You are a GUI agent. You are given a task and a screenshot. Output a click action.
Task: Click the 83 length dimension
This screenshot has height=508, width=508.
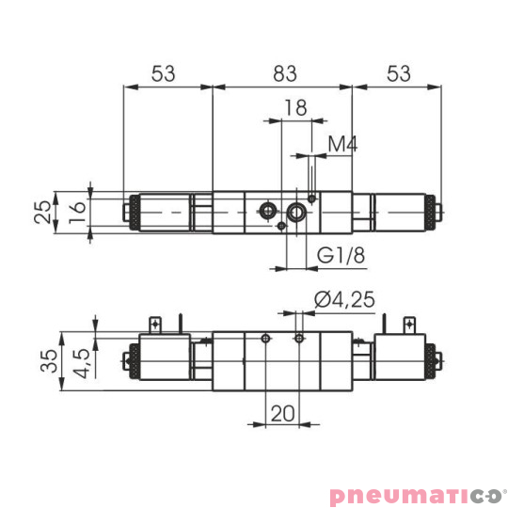tap(283, 71)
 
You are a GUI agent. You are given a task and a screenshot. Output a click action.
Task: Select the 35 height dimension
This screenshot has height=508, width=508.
tap(44, 361)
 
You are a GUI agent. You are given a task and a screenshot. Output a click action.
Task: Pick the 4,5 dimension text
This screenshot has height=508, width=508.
tap(81, 361)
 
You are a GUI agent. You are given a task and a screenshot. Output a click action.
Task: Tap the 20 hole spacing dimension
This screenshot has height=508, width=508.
tap(282, 413)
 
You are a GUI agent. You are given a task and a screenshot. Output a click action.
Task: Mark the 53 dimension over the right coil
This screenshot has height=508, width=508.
tap(399, 71)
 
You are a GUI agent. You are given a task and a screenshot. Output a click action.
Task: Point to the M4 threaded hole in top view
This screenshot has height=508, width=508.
tap(311, 198)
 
